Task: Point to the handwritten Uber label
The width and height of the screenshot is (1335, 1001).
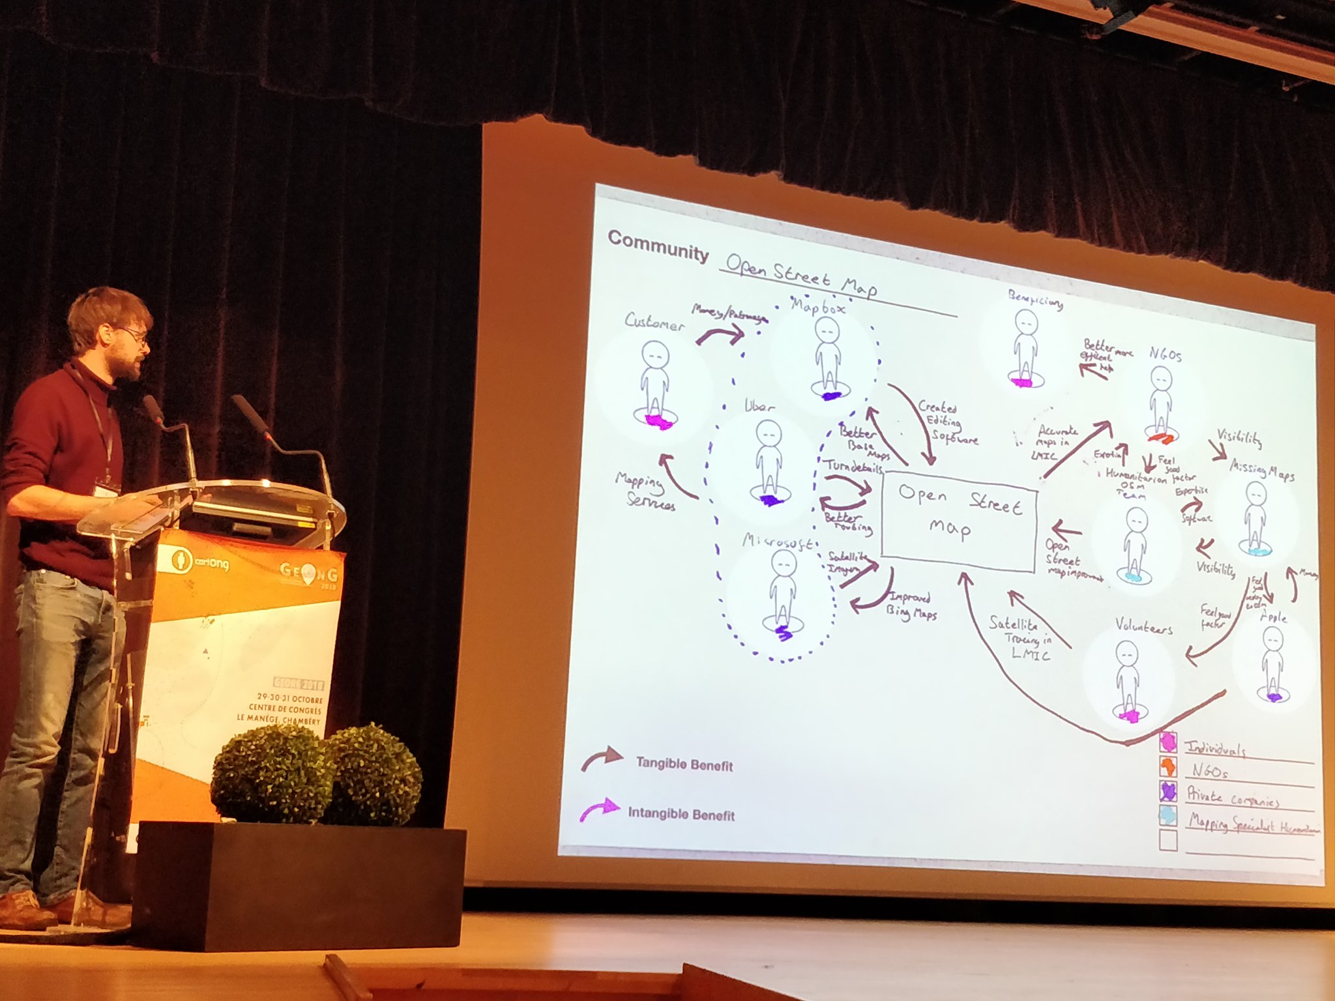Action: (x=759, y=406)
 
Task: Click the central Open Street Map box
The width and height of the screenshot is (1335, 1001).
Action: (x=958, y=521)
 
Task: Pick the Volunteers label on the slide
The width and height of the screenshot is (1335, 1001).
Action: (x=1143, y=626)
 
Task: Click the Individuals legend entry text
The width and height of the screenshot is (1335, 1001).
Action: (x=1215, y=749)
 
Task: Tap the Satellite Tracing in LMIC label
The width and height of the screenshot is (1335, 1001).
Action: (x=1021, y=638)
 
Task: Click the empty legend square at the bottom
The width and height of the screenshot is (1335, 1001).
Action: (x=1168, y=840)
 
